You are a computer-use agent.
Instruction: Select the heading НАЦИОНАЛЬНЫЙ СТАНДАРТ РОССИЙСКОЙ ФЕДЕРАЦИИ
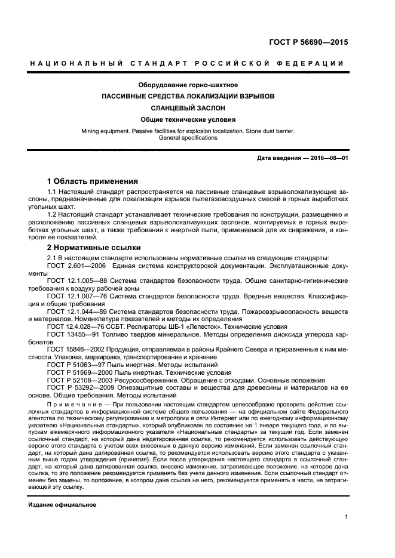tap(187, 63)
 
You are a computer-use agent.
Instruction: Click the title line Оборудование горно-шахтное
tap(187, 85)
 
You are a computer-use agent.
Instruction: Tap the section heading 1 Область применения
tap(93, 180)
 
